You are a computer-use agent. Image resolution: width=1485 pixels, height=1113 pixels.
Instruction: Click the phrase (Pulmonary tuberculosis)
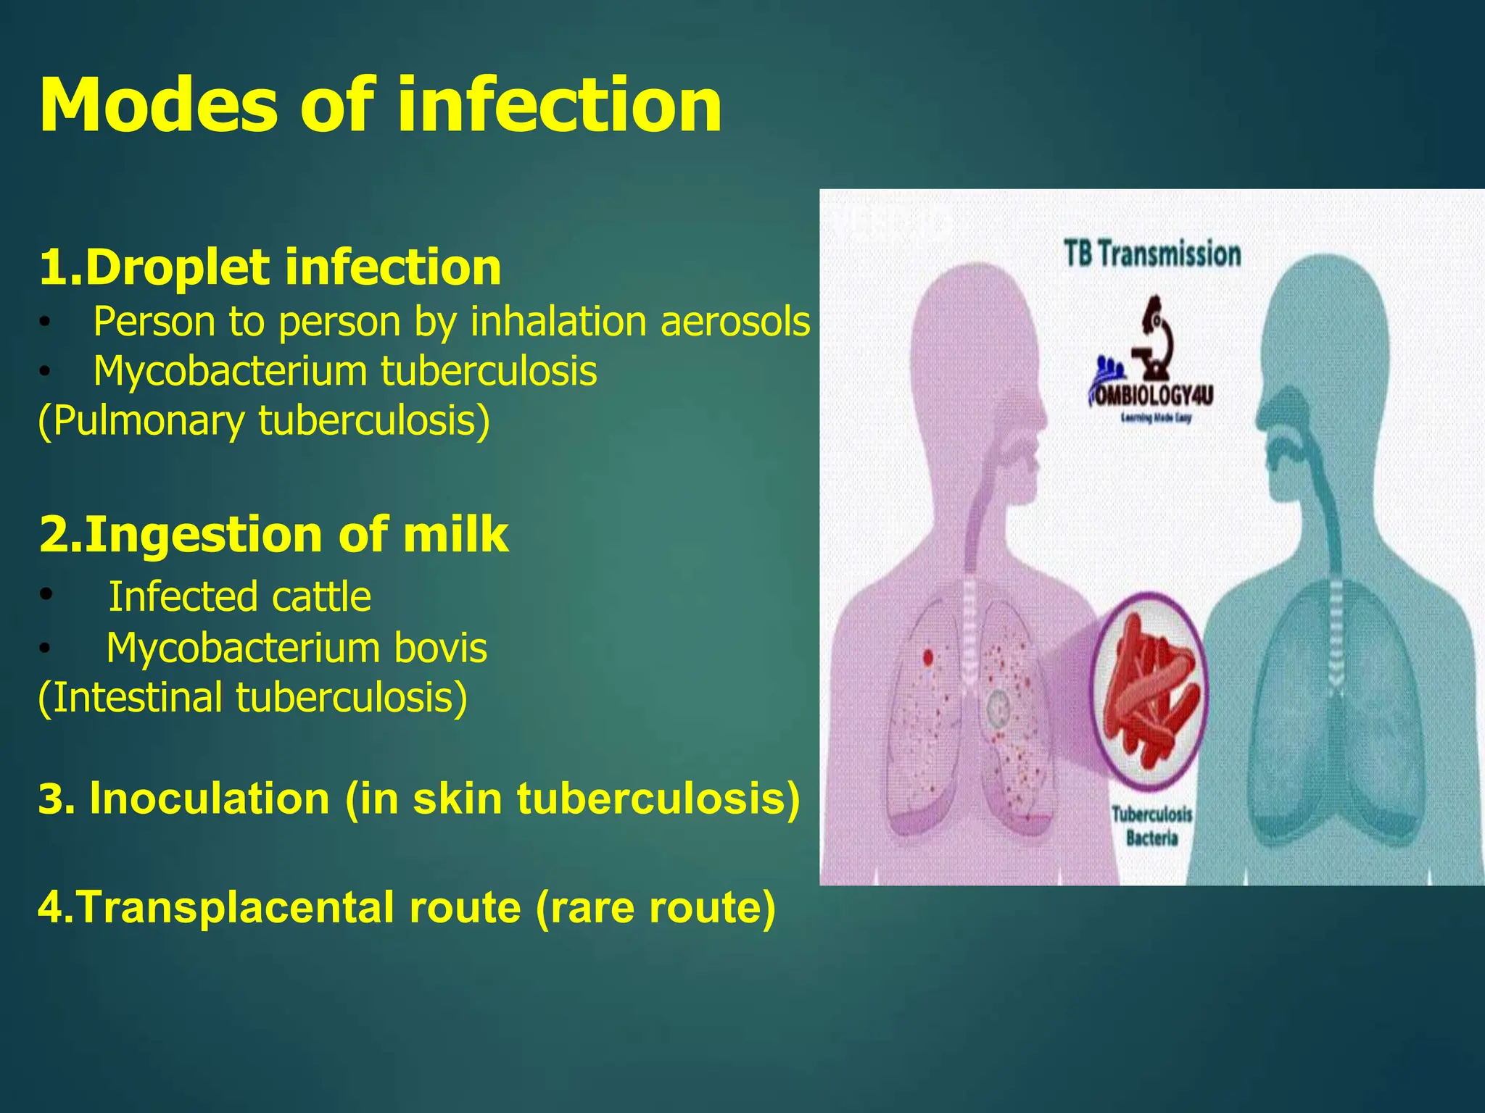pos(264,421)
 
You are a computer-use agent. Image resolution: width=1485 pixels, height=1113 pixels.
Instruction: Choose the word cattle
pos(321,597)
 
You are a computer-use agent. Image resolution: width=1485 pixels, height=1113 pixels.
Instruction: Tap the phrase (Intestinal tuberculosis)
pos(252,697)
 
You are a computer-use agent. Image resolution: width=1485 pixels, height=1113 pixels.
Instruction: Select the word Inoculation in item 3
pos(210,799)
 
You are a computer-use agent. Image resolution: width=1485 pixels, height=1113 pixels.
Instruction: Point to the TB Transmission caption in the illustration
pos(1152,254)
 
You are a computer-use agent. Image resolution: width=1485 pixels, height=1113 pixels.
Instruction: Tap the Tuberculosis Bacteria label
pos(1152,826)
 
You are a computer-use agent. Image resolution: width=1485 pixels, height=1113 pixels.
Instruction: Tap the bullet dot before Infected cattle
pos(46,595)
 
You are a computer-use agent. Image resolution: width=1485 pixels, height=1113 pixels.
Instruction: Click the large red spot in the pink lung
pos(927,657)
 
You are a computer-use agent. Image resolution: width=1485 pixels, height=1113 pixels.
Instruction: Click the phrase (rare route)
pos(655,907)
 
